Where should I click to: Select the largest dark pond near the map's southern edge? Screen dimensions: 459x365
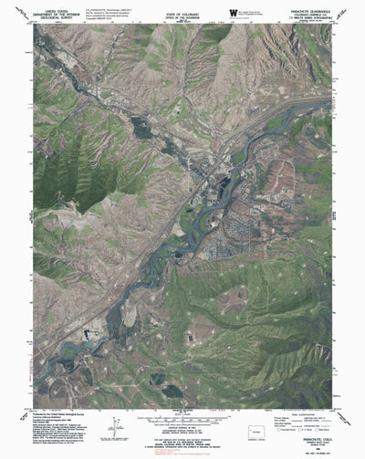(172, 390)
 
